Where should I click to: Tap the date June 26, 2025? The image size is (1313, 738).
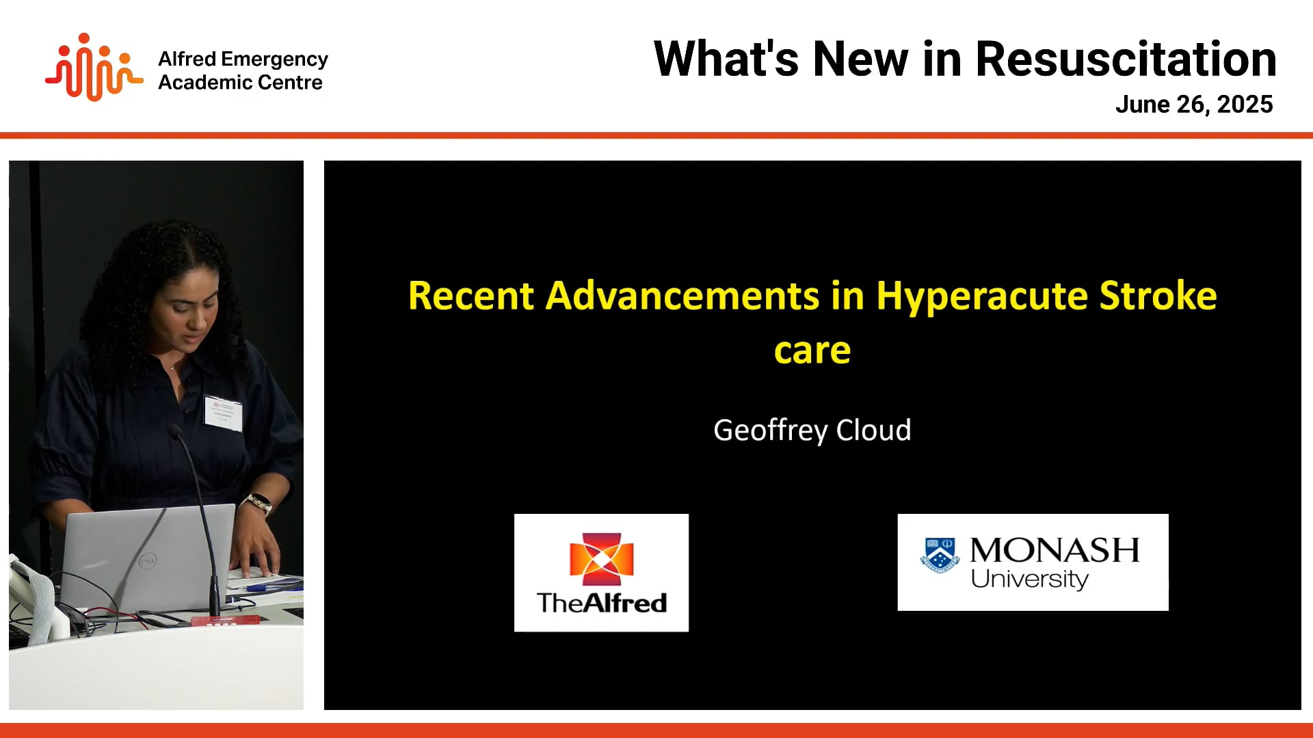pyautogui.click(x=1193, y=105)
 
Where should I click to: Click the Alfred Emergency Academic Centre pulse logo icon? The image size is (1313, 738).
pyautogui.click(x=94, y=68)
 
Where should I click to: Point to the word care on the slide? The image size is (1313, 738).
pyautogui.click(x=812, y=351)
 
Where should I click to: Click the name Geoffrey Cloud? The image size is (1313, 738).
pyautogui.click(x=812, y=430)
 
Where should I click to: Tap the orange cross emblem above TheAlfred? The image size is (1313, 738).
pyautogui.click(x=601, y=559)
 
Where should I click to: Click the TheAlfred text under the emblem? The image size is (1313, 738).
pyautogui.click(x=601, y=603)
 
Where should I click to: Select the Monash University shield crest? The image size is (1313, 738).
pyautogui.click(x=940, y=555)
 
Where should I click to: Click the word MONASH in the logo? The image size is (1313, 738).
pyautogui.click(x=1054, y=550)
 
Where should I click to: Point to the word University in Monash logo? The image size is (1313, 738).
pyautogui.click(x=1029, y=579)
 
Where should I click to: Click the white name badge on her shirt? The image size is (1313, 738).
pyautogui.click(x=223, y=413)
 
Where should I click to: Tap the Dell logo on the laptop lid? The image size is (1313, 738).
pyautogui.click(x=147, y=561)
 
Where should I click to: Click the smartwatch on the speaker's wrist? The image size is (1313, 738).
pyautogui.click(x=258, y=504)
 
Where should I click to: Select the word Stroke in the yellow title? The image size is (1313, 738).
pyautogui.click(x=1158, y=297)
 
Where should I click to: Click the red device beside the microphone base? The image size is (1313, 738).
pyautogui.click(x=226, y=620)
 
